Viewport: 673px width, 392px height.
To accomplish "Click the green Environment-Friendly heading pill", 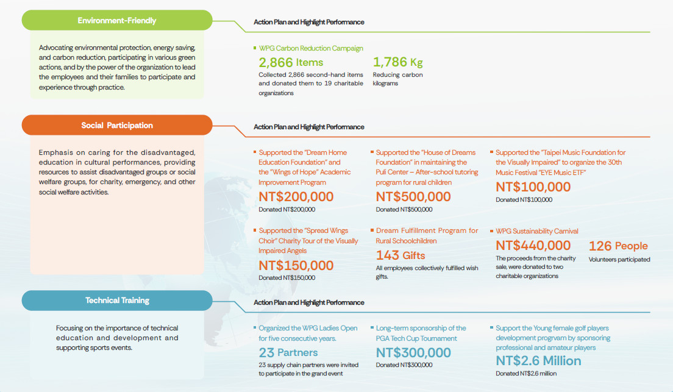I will [117, 21].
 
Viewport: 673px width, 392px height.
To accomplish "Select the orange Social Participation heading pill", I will [117, 126].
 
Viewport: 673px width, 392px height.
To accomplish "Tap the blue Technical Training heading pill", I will [117, 301].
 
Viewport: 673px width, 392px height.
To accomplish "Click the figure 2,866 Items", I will [291, 62].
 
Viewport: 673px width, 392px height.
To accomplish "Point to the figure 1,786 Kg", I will [397, 62].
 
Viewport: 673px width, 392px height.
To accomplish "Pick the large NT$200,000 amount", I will [296, 197].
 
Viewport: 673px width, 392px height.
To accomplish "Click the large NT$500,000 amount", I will [413, 197].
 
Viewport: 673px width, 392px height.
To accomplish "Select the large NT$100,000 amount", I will [533, 187].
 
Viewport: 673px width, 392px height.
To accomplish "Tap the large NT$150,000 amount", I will [296, 266].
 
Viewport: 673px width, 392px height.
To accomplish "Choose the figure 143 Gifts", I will [401, 255].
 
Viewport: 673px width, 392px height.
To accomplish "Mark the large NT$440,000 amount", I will [533, 246].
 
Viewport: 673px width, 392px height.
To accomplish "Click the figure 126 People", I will [618, 246].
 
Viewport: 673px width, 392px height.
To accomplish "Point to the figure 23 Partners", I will [288, 352].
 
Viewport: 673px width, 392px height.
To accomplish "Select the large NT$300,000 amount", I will [413, 352].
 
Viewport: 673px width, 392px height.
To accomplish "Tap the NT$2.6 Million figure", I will [538, 361].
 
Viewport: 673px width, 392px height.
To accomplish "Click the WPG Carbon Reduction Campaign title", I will [311, 48].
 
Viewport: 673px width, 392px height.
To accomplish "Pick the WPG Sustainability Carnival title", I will [537, 231].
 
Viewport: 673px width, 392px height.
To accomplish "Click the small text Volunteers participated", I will [619, 260].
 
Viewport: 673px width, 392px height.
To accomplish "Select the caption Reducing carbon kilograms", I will [397, 79].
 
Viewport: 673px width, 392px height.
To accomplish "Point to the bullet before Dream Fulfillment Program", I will [372, 231].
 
